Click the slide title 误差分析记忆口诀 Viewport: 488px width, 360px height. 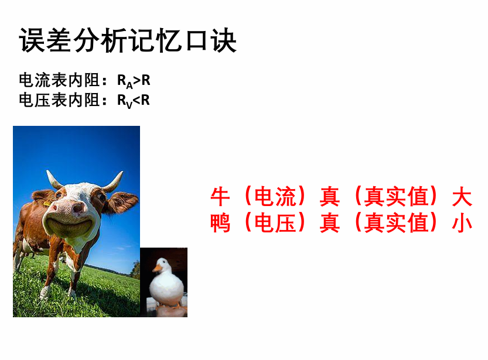pyautogui.click(x=128, y=40)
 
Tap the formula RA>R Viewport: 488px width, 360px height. pyautogui.click(x=134, y=81)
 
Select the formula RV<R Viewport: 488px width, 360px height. pyautogui.click(x=133, y=101)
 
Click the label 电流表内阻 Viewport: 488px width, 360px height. pyautogui.click(x=59, y=80)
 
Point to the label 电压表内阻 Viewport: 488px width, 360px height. pyautogui.click(x=59, y=100)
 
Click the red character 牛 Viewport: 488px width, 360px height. pyautogui.click(x=220, y=197)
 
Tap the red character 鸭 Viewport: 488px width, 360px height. pyautogui.click(x=220, y=223)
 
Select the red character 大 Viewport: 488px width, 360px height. pyautogui.click(x=462, y=197)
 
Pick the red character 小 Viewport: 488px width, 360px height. pyautogui.click(x=462, y=223)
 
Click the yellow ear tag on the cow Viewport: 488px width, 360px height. pyautogui.click(x=47, y=204)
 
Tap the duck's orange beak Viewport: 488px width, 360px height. pyautogui.click(x=158, y=268)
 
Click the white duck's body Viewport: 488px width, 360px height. pyautogui.click(x=166, y=287)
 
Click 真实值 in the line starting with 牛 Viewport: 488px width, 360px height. pyautogui.click(x=396, y=197)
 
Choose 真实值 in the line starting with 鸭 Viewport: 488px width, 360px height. pyautogui.click(x=396, y=223)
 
